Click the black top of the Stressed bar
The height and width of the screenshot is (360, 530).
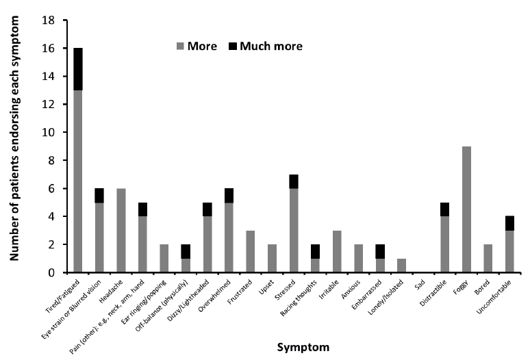294,181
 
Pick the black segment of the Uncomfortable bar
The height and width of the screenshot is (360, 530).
509,223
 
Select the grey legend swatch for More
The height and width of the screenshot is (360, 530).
181,47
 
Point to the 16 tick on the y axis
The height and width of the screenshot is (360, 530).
62,49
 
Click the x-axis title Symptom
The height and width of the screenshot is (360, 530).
303,347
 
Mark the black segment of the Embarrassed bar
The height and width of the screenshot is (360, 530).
380,251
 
